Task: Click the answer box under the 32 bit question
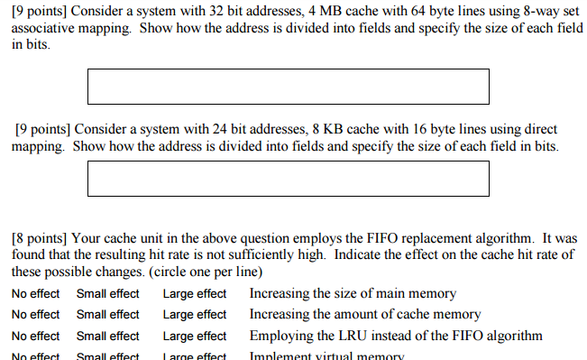[x=288, y=86]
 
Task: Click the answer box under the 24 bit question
[x=288, y=179]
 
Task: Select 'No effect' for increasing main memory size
[x=36, y=293]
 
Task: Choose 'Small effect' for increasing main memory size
[x=108, y=293]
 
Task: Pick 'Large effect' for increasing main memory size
[x=195, y=293]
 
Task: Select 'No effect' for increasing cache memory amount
[x=36, y=315]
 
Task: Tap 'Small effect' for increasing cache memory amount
[x=108, y=315]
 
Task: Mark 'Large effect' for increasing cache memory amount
[x=195, y=315]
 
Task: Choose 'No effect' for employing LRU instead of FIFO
[x=36, y=337]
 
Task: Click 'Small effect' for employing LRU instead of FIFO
[x=108, y=337]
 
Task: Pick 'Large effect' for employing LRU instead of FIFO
[x=195, y=337]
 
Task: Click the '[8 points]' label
[x=39, y=239]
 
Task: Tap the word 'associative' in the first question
[x=42, y=29]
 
